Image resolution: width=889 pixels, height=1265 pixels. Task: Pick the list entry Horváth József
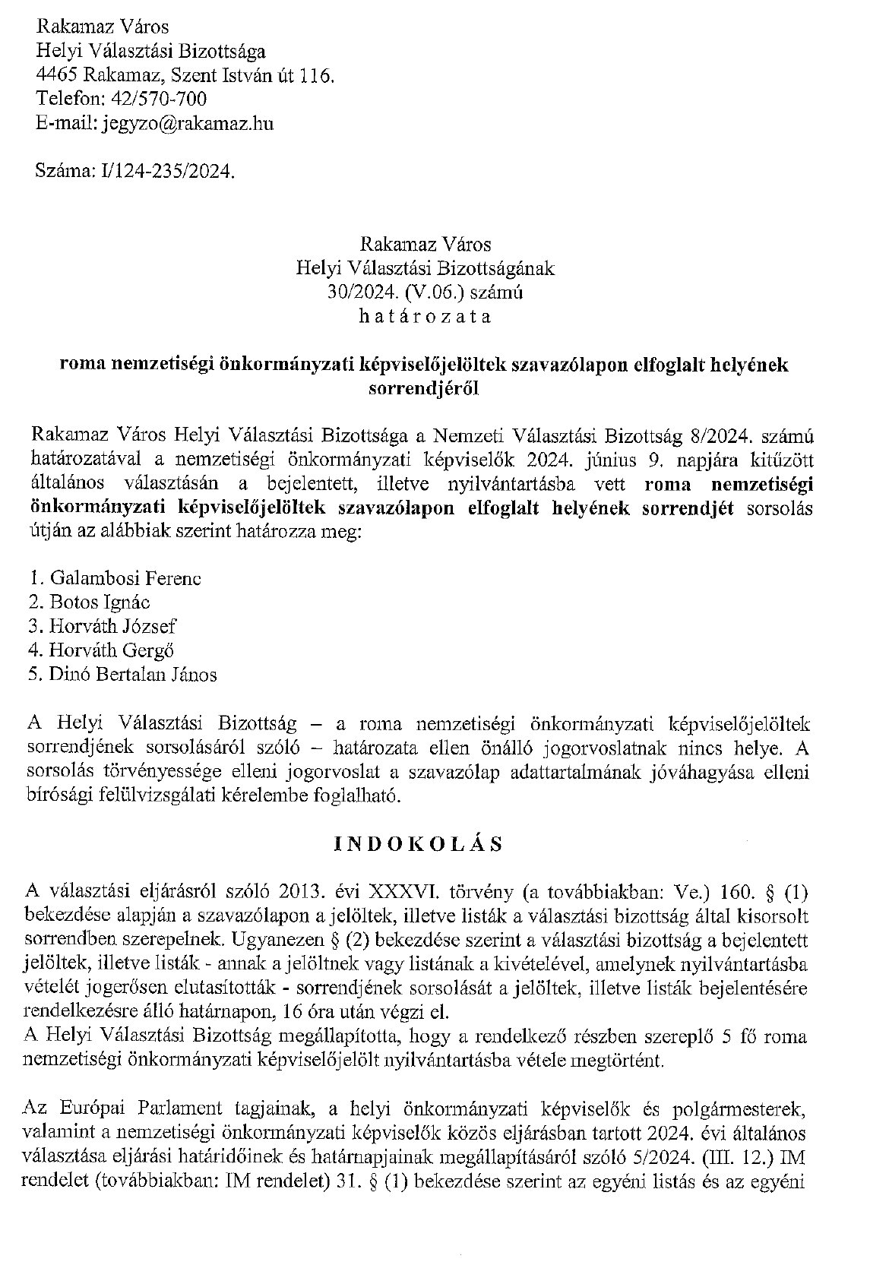click(x=112, y=626)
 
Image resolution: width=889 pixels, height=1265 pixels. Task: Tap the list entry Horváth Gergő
click(x=112, y=650)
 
